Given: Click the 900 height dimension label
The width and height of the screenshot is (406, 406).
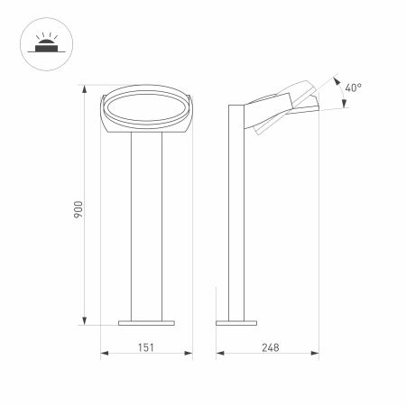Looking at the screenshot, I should [78, 210].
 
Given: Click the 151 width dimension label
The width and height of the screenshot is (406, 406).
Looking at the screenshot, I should [145, 346].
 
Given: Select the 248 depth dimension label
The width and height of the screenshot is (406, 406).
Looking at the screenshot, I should [269, 346].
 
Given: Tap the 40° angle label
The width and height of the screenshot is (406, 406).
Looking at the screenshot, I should [354, 88].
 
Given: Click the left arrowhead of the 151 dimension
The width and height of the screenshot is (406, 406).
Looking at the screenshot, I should [101, 355].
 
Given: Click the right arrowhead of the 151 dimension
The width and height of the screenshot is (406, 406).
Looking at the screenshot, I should [190, 355].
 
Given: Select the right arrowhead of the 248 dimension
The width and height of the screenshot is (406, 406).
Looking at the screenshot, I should [319, 355].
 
